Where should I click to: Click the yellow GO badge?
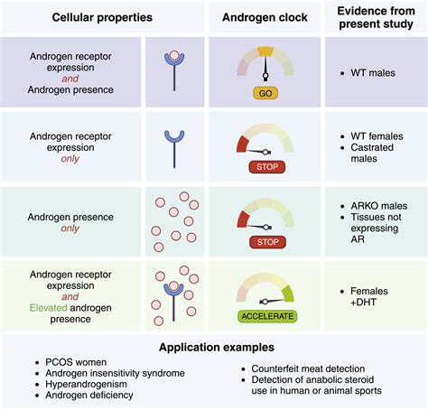265,93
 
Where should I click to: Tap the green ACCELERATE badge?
267,316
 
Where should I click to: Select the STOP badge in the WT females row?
267,167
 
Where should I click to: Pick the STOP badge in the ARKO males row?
267,242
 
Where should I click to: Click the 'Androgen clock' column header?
265,17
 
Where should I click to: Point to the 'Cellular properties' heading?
102,17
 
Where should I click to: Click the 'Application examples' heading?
217,347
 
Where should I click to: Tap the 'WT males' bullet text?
373,73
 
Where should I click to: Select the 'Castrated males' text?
372,153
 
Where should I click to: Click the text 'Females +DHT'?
369,296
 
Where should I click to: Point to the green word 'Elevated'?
48,308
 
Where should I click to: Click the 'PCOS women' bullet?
76,362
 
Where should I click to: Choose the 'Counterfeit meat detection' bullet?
308,368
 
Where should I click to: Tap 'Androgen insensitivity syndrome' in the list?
115,373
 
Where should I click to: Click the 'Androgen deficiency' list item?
89,395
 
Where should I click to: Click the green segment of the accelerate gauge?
288,294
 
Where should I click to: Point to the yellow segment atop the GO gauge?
265,51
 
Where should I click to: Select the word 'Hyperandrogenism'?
86,384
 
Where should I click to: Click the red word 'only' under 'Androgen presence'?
70,228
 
